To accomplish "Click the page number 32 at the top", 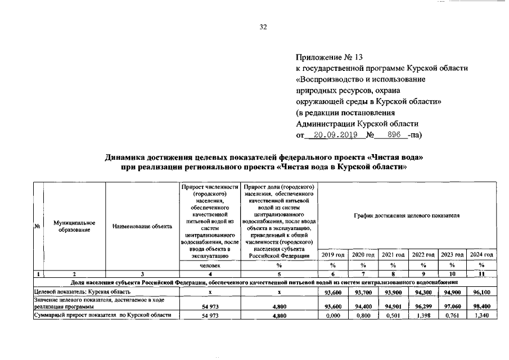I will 263,26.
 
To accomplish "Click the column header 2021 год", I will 394,255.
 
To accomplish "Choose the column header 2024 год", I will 481,255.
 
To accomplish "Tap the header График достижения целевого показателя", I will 407,215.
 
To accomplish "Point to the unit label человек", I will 209,265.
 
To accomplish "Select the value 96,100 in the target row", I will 481,292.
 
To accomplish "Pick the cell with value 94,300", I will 423,292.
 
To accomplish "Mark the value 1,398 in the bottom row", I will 423,316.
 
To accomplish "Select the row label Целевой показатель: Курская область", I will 83,292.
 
